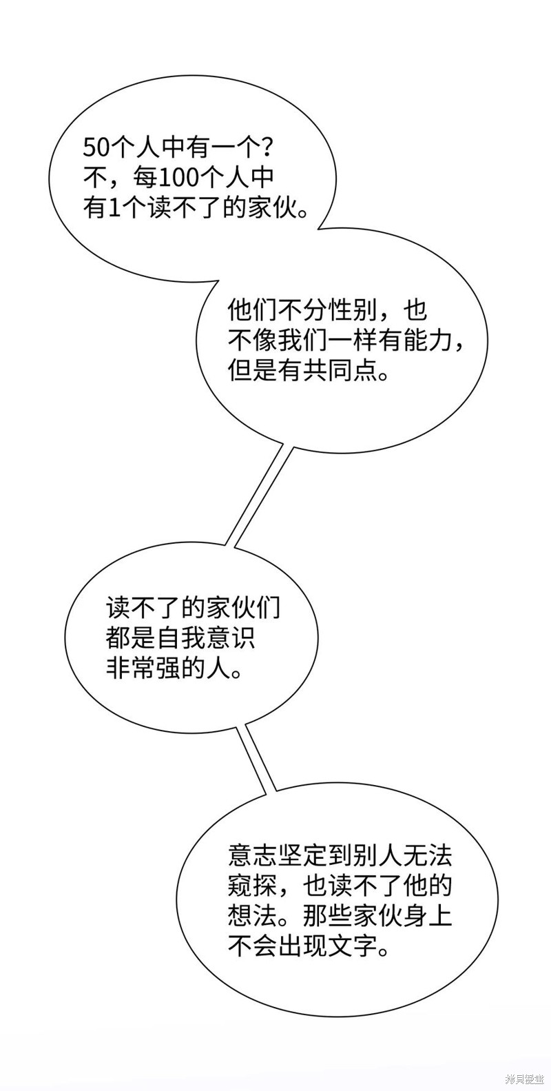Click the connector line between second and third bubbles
(x=262, y=493)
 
